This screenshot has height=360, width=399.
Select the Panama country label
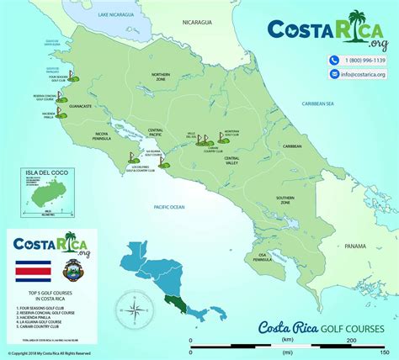[359, 246]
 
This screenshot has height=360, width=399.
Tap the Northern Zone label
[160, 77]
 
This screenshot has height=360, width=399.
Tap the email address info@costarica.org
[363, 74]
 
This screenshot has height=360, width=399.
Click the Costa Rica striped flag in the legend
[28, 273]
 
